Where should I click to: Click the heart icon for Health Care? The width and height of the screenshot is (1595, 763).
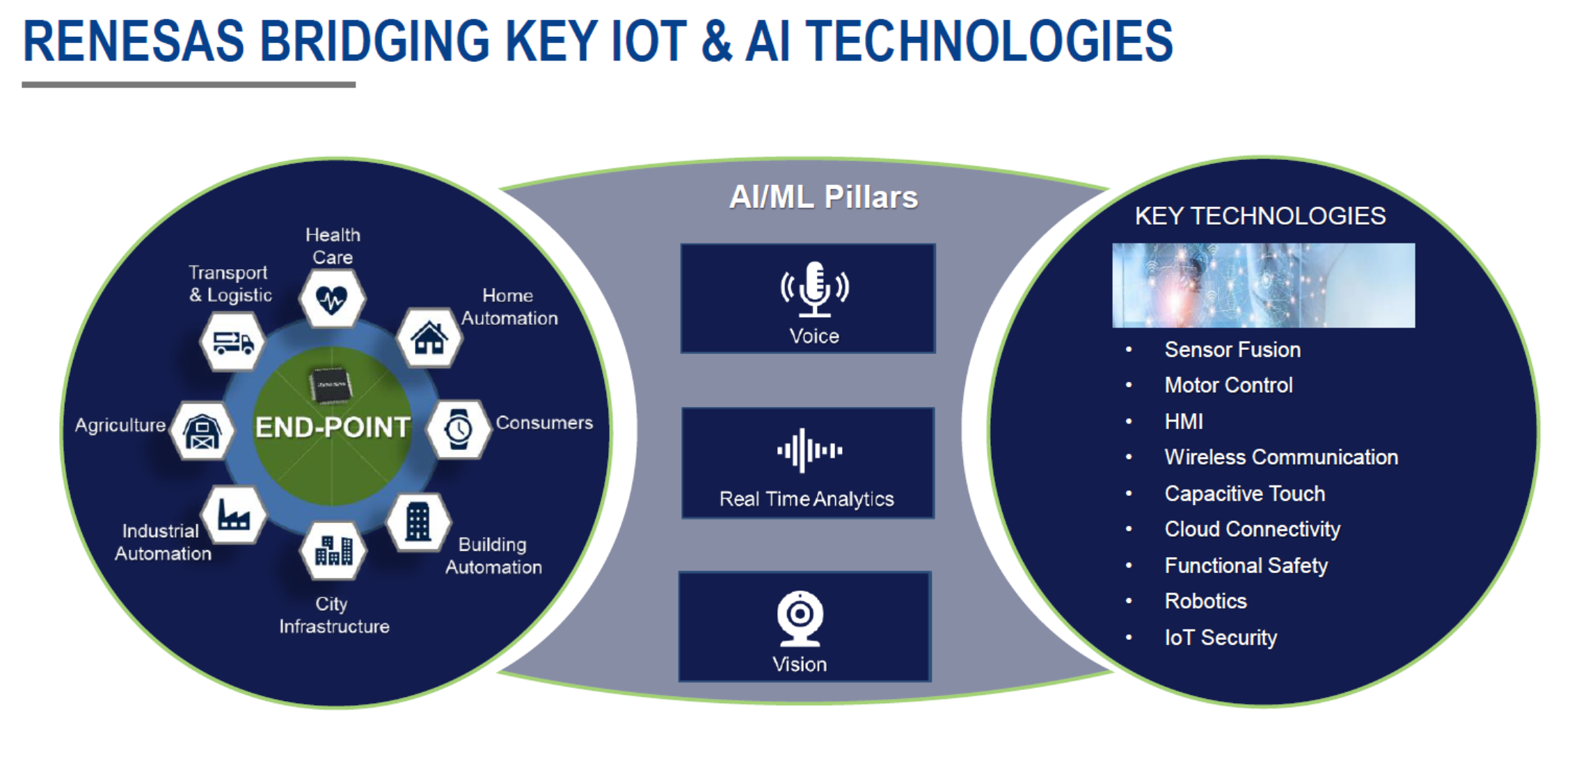point(331,300)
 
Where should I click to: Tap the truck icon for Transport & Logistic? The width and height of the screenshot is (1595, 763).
point(233,342)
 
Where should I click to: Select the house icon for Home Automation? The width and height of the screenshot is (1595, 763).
point(429,338)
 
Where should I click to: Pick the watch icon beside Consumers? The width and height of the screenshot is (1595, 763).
point(458,429)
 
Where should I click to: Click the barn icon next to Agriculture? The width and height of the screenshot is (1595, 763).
point(202,432)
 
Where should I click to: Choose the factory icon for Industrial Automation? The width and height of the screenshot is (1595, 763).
point(233,515)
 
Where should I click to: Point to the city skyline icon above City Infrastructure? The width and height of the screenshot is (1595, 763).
point(333,550)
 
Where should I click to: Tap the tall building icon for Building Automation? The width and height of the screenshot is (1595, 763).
point(418,521)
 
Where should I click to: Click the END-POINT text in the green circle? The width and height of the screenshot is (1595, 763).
point(333,427)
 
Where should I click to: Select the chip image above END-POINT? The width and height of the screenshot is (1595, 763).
point(330,385)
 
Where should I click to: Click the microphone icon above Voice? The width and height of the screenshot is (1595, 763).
point(814,289)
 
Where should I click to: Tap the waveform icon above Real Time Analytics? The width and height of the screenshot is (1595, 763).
point(809,451)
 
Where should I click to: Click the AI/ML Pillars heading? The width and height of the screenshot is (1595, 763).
point(823,198)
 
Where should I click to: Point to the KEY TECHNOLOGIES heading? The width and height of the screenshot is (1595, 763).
point(1260,216)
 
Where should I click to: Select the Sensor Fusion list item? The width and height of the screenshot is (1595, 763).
point(1232,350)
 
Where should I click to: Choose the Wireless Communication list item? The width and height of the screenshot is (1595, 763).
point(1281,457)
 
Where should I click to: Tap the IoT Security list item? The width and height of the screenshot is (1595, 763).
point(1221,638)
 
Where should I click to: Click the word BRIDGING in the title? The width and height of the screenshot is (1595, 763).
point(375,41)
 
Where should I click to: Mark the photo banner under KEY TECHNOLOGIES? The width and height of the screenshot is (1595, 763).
point(1263,285)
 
